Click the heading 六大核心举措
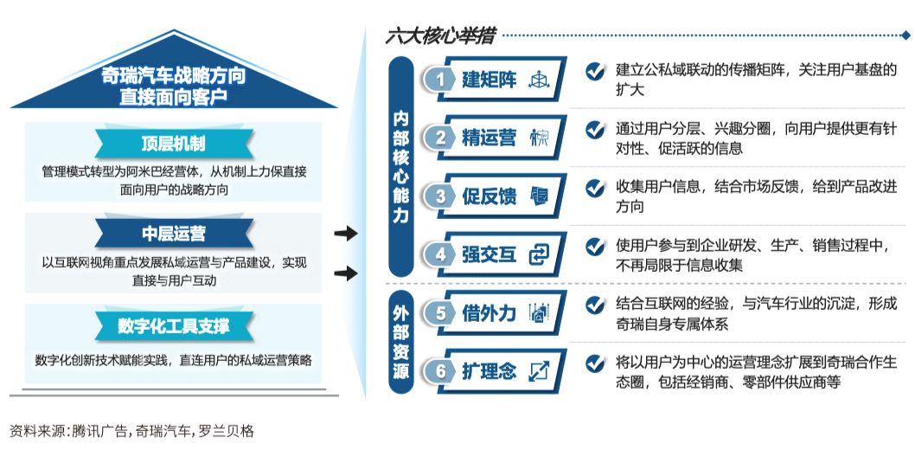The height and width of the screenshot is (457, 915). click(x=440, y=36)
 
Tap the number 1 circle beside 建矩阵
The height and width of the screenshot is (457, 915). click(x=441, y=80)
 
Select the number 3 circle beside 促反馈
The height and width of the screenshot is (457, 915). click(x=441, y=196)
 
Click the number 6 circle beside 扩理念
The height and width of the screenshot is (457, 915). click(x=441, y=371)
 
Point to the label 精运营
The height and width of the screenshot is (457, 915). click(x=489, y=138)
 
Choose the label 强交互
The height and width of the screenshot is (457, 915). click(x=489, y=254)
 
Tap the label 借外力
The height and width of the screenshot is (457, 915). click(x=489, y=313)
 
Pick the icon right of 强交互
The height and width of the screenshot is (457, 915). click(x=539, y=254)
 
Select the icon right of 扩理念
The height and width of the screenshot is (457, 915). click(x=539, y=371)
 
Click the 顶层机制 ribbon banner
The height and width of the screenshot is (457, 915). click(x=173, y=143)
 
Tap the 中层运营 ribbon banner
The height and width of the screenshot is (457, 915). click(x=173, y=234)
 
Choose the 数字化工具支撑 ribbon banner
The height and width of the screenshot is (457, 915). click(x=173, y=325)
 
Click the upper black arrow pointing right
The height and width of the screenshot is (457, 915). click(x=346, y=234)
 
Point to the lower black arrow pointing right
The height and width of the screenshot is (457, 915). click(x=346, y=274)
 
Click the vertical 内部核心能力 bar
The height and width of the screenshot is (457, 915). click(x=401, y=166)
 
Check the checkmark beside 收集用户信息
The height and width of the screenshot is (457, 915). click(x=595, y=188)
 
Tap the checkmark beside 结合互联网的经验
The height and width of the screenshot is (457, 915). click(x=595, y=305)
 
